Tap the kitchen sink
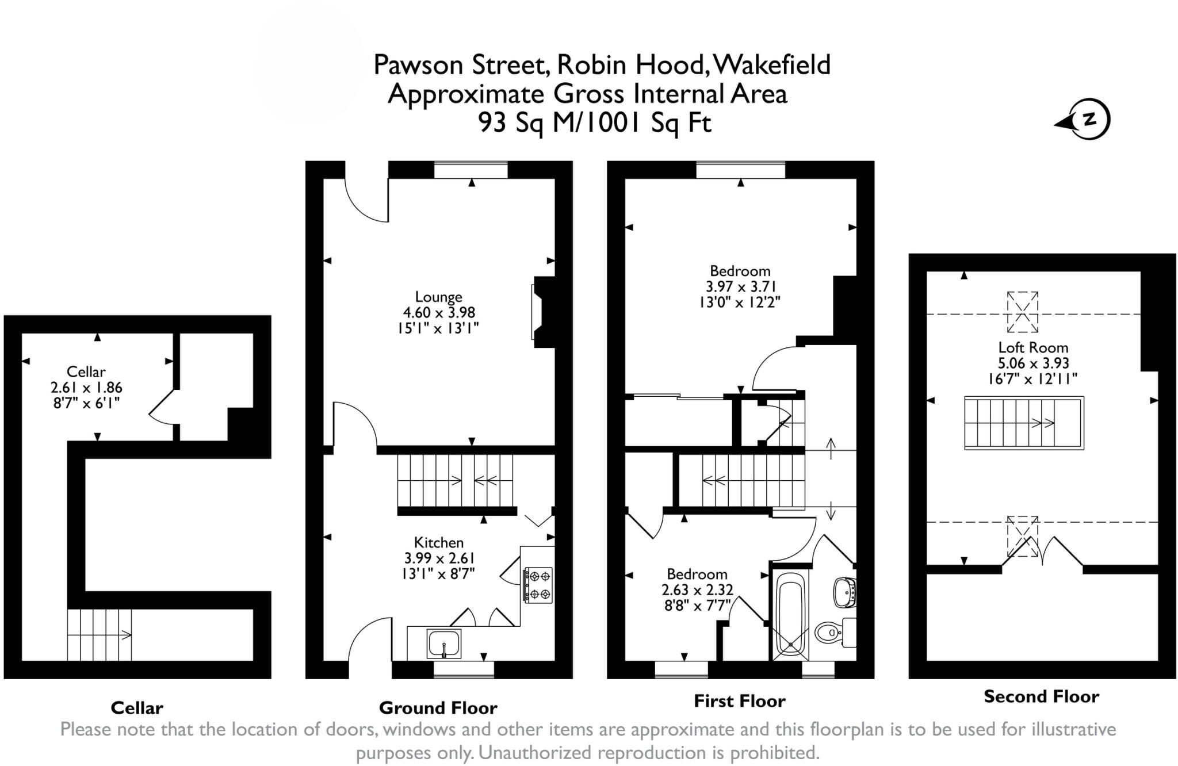coord(443,644)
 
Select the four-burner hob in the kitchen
coord(538,585)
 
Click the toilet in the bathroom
coord(830,633)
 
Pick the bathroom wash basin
coord(845,592)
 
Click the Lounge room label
coord(438,297)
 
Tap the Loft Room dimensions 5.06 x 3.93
coord(1033,363)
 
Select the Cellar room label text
coord(86,371)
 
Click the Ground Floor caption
coord(438,708)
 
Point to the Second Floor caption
coord(1041,697)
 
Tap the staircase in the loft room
coord(1023,423)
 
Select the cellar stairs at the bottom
coord(99,635)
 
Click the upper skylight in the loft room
coord(1022,312)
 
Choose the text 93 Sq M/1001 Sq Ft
coord(595,122)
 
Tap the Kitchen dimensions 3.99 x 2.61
coord(439,558)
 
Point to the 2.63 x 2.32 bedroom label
coord(697,590)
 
